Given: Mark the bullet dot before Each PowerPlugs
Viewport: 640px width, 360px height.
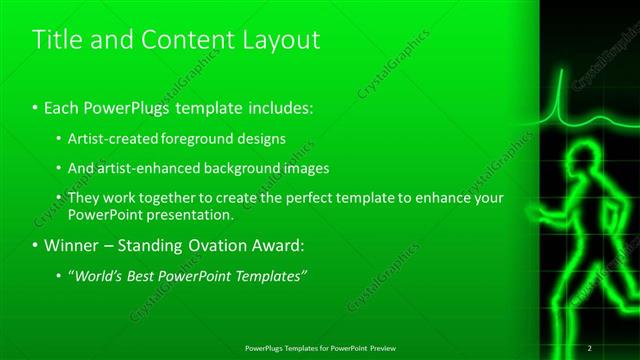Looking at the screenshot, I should pyautogui.click(x=36, y=107).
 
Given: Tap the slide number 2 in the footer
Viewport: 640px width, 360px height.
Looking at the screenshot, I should pyautogui.click(x=590, y=348).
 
